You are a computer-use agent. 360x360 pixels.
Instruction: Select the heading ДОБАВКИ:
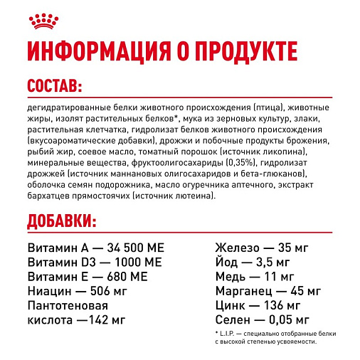click(x=61, y=221)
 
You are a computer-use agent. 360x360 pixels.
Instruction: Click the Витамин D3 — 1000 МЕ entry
click(x=95, y=263)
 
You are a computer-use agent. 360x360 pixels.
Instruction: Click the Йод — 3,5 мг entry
click(x=249, y=263)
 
